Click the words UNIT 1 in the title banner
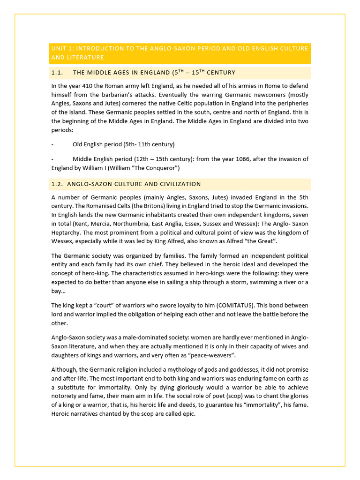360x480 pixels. pyautogui.click(x=61, y=49)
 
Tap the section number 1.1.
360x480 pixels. pyautogui.click(x=57, y=73)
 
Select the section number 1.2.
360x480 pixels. pyautogui.click(x=57, y=184)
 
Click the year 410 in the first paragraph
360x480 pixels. pyautogui.click(x=86, y=86)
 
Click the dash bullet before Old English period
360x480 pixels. pyautogui.click(x=52, y=144)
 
